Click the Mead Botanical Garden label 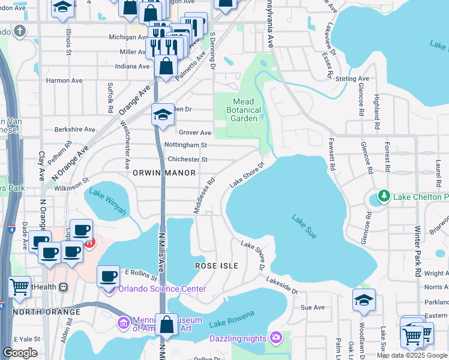[x=244, y=110]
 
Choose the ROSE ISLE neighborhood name [x=217, y=265]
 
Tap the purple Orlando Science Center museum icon [x=109, y=290]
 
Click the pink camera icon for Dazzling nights [x=276, y=338]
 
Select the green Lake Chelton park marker [x=383, y=196]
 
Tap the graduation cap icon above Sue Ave [x=364, y=299]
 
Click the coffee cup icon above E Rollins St [x=108, y=275]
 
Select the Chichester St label [x=187, y=160]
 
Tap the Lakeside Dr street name [x=282, y=286]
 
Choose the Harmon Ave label [x=64, y=80]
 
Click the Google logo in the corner [x=20, y=353]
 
